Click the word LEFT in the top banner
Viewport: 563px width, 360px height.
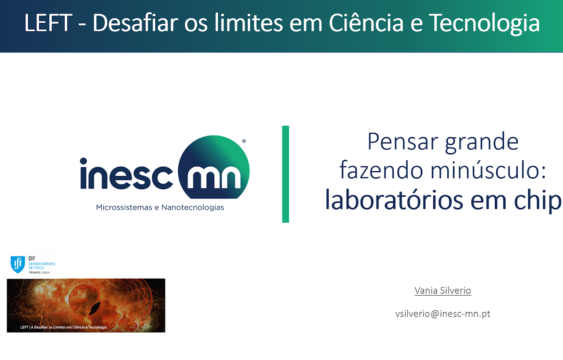pyautogui.click(x=48, y=23)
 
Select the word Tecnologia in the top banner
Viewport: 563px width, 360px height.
pyautogui.click(x=484, y=24)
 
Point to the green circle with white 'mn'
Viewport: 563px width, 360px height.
pyautogui.click(x=214, y=167)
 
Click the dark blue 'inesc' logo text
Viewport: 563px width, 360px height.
pyautogui.click(x=126, y=173)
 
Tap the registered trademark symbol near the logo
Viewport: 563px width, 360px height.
pyautogui.click(x=244, y=141)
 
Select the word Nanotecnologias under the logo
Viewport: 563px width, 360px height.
pyautogui.click(x=193, y=208)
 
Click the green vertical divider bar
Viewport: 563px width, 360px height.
pyautogui.click(x=285, y=174)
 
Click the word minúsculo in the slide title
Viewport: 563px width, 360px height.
pyautogui.click(x=488, y=170)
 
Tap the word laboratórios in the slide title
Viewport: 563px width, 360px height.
pyautogui.click(x=394, y=200)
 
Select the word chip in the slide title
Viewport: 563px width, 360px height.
pyautogui.click(x=537, y=201)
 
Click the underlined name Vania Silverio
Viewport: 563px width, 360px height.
pyautogui.click(x=443, y=290)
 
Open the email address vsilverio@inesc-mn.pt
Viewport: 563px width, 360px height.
pyautogui.click(x=443, y=314)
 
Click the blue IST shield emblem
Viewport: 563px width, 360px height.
pyautogui.click(x=18, y=264)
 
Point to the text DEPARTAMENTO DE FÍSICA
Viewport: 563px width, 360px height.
pyautogui.click(x=42, y=266)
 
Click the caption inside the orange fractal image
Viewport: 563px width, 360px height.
pyautogui.click(x=63, y=327)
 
